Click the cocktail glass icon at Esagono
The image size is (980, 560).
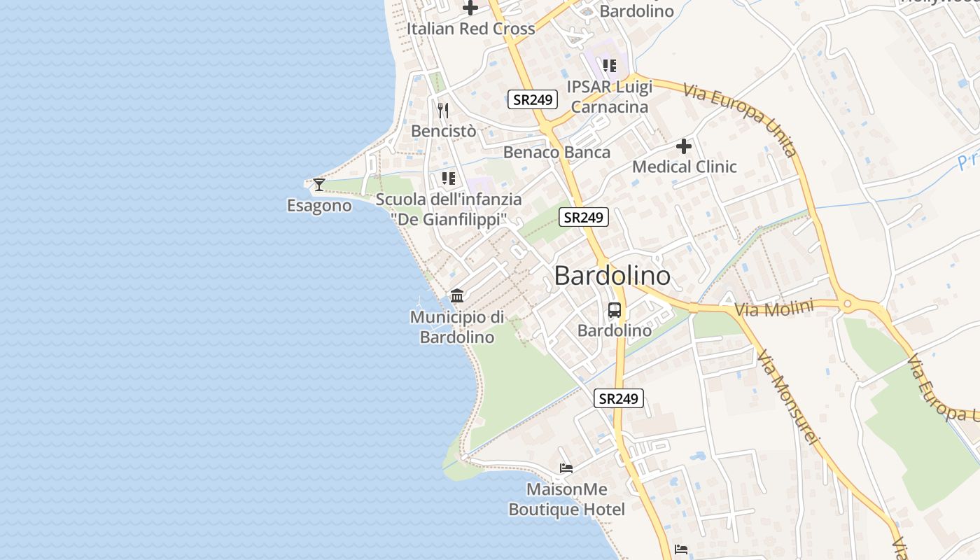[x=319, y=185]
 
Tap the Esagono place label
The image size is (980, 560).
[x=319, y=206]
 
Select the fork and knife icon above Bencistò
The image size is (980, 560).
[x=442, y=111]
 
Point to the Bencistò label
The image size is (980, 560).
[x=444, y=131]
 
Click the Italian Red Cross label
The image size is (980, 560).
[x=471, y=29]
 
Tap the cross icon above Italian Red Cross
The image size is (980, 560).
[x=471, y=8]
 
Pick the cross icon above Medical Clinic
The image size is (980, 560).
[x=684, y=146]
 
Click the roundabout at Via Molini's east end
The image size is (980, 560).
[x=848, y=304]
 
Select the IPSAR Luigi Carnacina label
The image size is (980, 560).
[x=610, y=97]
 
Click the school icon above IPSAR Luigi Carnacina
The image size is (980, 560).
[x=610, y=66]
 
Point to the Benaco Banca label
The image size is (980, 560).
[x=556, y=152]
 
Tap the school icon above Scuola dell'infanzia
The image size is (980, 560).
[x=449, y=178]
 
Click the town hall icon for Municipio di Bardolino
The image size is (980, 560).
[x=457, y=295]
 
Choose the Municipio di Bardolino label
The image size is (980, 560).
[x=457, y=327]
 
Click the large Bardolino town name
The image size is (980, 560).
[x=612, y=276]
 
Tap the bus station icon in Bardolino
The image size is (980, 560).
[x=615, y=309]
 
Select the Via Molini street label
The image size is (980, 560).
[x=775, y=308]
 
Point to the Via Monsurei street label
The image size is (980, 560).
[x=787, y=397]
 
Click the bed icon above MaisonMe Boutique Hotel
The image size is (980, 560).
[x=566, y=468]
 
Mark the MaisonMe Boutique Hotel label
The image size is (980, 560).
[x=567, y=499]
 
